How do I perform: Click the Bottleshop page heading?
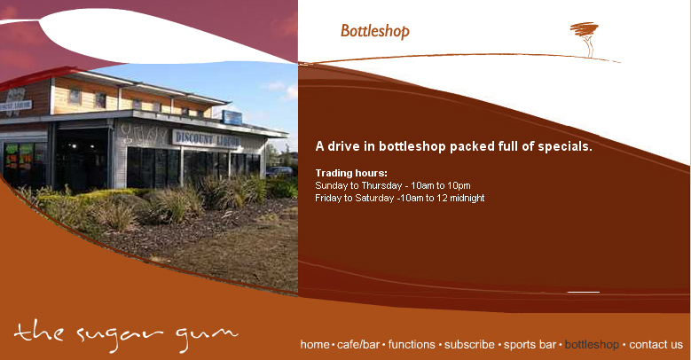[x=375, y=31]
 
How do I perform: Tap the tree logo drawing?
[x=585, y=38]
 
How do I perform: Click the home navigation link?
[x=315, y=345]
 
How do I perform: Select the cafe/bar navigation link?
[x=357, y=345]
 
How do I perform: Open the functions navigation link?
[x=412, y=345]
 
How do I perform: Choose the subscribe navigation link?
[x=469, y=345]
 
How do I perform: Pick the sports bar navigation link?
[x=530, y=345]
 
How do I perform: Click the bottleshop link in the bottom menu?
[x=592, y=345]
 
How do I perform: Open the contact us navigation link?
[x=656, y=345]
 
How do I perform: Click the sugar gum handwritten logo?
[x=126, y=336]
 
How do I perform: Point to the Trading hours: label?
[x=351, y=173]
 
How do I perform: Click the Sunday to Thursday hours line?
[x=393, y=185]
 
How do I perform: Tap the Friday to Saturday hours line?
[x=400, y=199]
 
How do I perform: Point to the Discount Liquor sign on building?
[x=207, y=139]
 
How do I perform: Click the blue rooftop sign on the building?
[x=232, y=118]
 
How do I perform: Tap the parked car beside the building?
[x=279, y=171]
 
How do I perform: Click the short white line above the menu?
[x=584, y=292]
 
